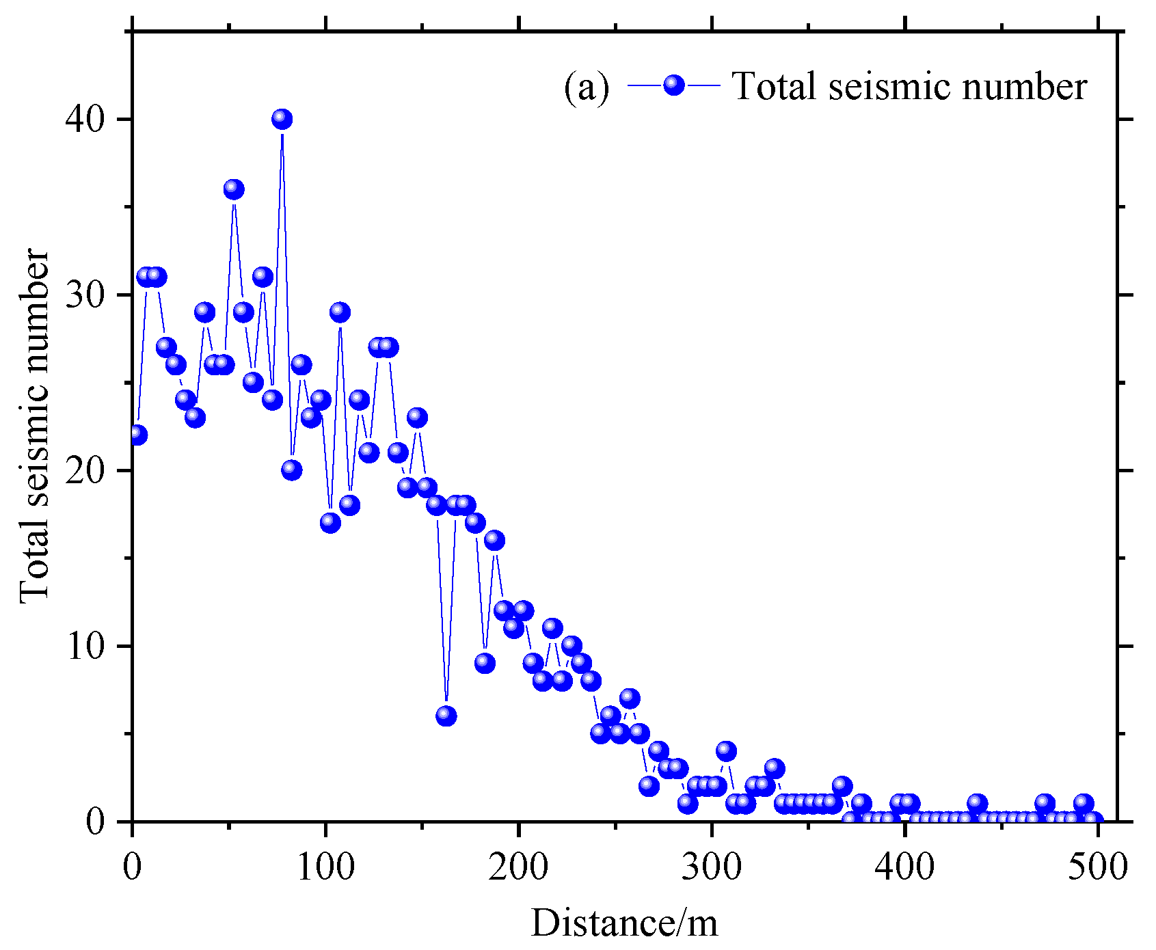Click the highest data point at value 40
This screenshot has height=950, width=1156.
tap(282, 120)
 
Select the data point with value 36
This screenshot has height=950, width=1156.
tap(234, 189)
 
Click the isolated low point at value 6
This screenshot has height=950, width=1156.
tap(446, 716)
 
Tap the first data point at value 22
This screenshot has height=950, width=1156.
tap(137, 435)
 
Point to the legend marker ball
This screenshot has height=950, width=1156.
tap(674, 85)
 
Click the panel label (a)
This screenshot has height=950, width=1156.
tap(586, 87)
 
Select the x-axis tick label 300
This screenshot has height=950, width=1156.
tap(712, 867)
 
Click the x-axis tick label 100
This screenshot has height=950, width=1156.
tap(325, 867)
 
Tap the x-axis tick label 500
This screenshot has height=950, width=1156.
tap(1098, 867)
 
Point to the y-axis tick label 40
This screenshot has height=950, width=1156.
tap(88, 120)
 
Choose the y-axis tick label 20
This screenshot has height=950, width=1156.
tap(88, 471)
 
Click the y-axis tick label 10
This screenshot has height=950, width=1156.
tap(88, 647)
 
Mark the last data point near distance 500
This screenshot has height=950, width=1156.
tap(1092, 820)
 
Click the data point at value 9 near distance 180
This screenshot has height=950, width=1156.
tap(485, 663)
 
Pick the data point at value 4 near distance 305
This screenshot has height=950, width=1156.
tap(726, 751)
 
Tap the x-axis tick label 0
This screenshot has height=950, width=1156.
tap(132, 867)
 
